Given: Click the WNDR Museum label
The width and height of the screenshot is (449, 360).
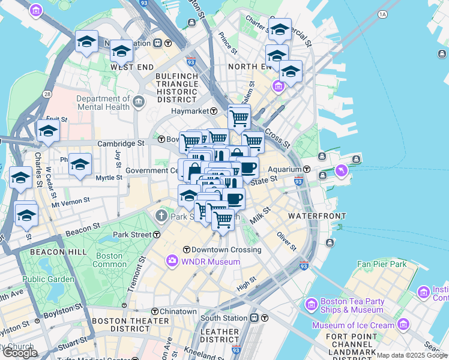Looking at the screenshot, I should coord(212,262).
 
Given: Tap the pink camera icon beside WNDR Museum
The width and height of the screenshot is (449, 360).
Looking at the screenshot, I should coord(172,260).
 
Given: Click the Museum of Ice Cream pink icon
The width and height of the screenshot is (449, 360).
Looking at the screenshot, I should coord(402,325).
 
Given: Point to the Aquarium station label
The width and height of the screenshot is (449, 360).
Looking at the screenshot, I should coord(285,169).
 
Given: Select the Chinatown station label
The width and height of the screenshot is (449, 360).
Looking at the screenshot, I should coord(178,311).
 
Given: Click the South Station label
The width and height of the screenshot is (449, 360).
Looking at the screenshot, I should coord(224,317).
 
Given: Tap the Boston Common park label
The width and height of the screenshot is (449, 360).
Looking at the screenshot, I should coord(110,260).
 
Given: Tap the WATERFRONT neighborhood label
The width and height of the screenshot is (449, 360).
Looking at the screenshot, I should coord(317,215).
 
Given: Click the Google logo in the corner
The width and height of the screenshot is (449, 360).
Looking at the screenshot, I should coord(20,353).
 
